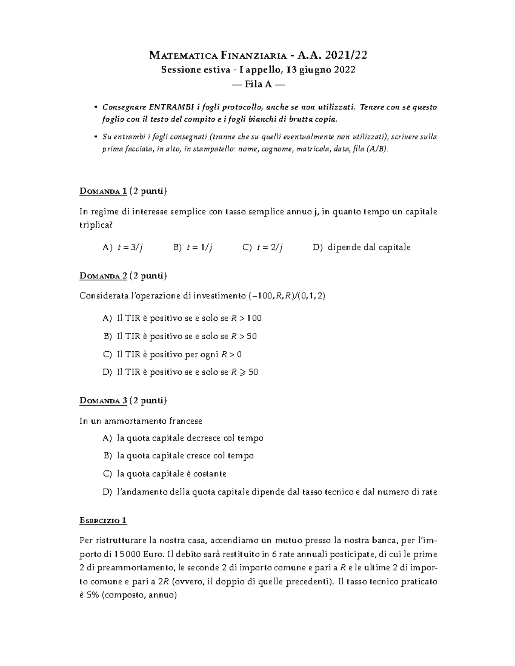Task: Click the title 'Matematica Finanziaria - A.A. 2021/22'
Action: pyautogui.click(x=258, y=55)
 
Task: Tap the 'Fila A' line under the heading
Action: pyautogui.click(x=258, y=84)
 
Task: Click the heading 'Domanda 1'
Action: pyautogui.click(x=103, y=191)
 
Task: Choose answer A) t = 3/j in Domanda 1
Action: pyautogui.click(x=123, y=247)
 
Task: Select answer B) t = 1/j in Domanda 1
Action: pyautogui.click(x=193, y=247)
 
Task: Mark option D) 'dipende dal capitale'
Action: pyautogui.click(x=362, y=247)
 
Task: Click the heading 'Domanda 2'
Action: pyautogui.click(x=103, y=276)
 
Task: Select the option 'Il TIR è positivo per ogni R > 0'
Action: pyautogui.click(x=173, y=354)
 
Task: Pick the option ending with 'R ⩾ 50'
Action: pyautogui.click(x=181, y=372)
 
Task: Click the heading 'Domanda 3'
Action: pyautogui.click(x=103, y=401)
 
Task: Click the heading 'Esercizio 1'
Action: pyautogui.click(x=103, y=521)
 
